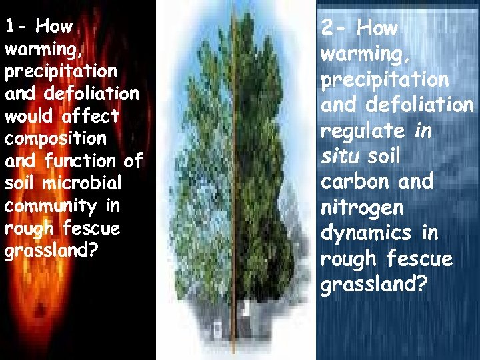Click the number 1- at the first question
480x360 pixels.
click(x=15, y=27)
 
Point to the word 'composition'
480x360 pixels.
click(x=55, y=139)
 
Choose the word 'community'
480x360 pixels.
click(x=49, y=206)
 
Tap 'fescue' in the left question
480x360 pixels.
click(x=91, y=229)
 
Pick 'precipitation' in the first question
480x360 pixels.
click(x=60, y=71)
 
